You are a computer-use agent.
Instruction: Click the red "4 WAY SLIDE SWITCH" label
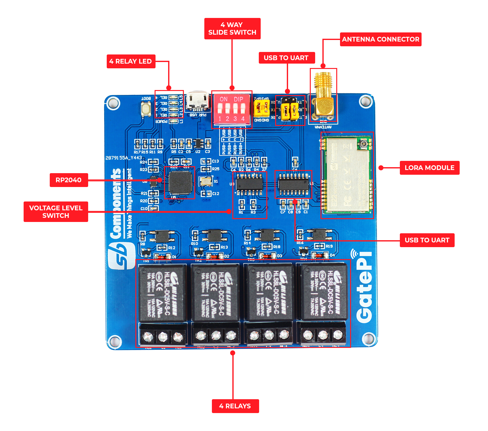(232, 29)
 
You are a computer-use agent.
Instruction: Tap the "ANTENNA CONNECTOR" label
(380, 39)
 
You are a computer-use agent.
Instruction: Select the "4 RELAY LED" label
(131, 61)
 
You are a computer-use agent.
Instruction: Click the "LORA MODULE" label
(429, 168)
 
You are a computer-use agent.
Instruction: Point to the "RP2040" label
(69, 180)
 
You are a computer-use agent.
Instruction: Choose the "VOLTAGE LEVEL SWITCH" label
(56, 212)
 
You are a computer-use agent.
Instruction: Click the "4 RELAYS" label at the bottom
(235, 406)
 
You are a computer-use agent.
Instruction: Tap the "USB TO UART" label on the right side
(427, 240)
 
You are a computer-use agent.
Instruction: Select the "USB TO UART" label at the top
(286, 58)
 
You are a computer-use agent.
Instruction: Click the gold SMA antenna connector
(323, 94)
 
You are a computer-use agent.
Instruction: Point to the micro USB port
(197, 102)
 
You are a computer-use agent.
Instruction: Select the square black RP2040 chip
(180, 182)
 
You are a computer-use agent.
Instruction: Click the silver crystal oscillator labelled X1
(206, 181)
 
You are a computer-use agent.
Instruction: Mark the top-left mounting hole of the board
(113, 103)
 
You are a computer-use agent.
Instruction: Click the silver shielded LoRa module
(347, 175)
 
